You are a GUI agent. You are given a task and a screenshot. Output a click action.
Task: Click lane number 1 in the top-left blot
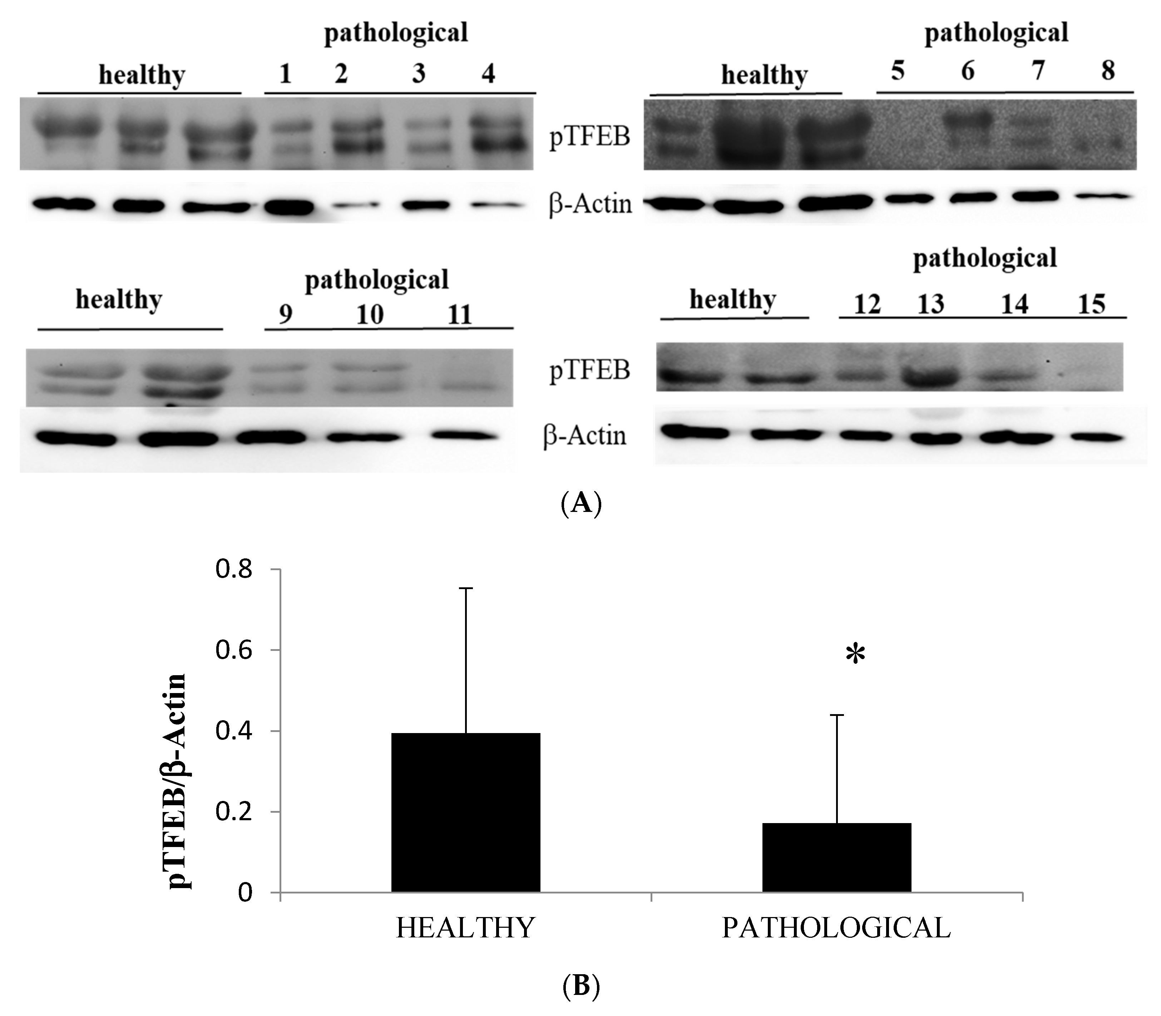[285, 74]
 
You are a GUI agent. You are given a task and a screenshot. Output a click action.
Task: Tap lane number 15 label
[1091, 304]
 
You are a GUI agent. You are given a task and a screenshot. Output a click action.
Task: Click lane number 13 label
[931, 304]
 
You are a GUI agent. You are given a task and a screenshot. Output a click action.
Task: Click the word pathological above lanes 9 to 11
[377, 279]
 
